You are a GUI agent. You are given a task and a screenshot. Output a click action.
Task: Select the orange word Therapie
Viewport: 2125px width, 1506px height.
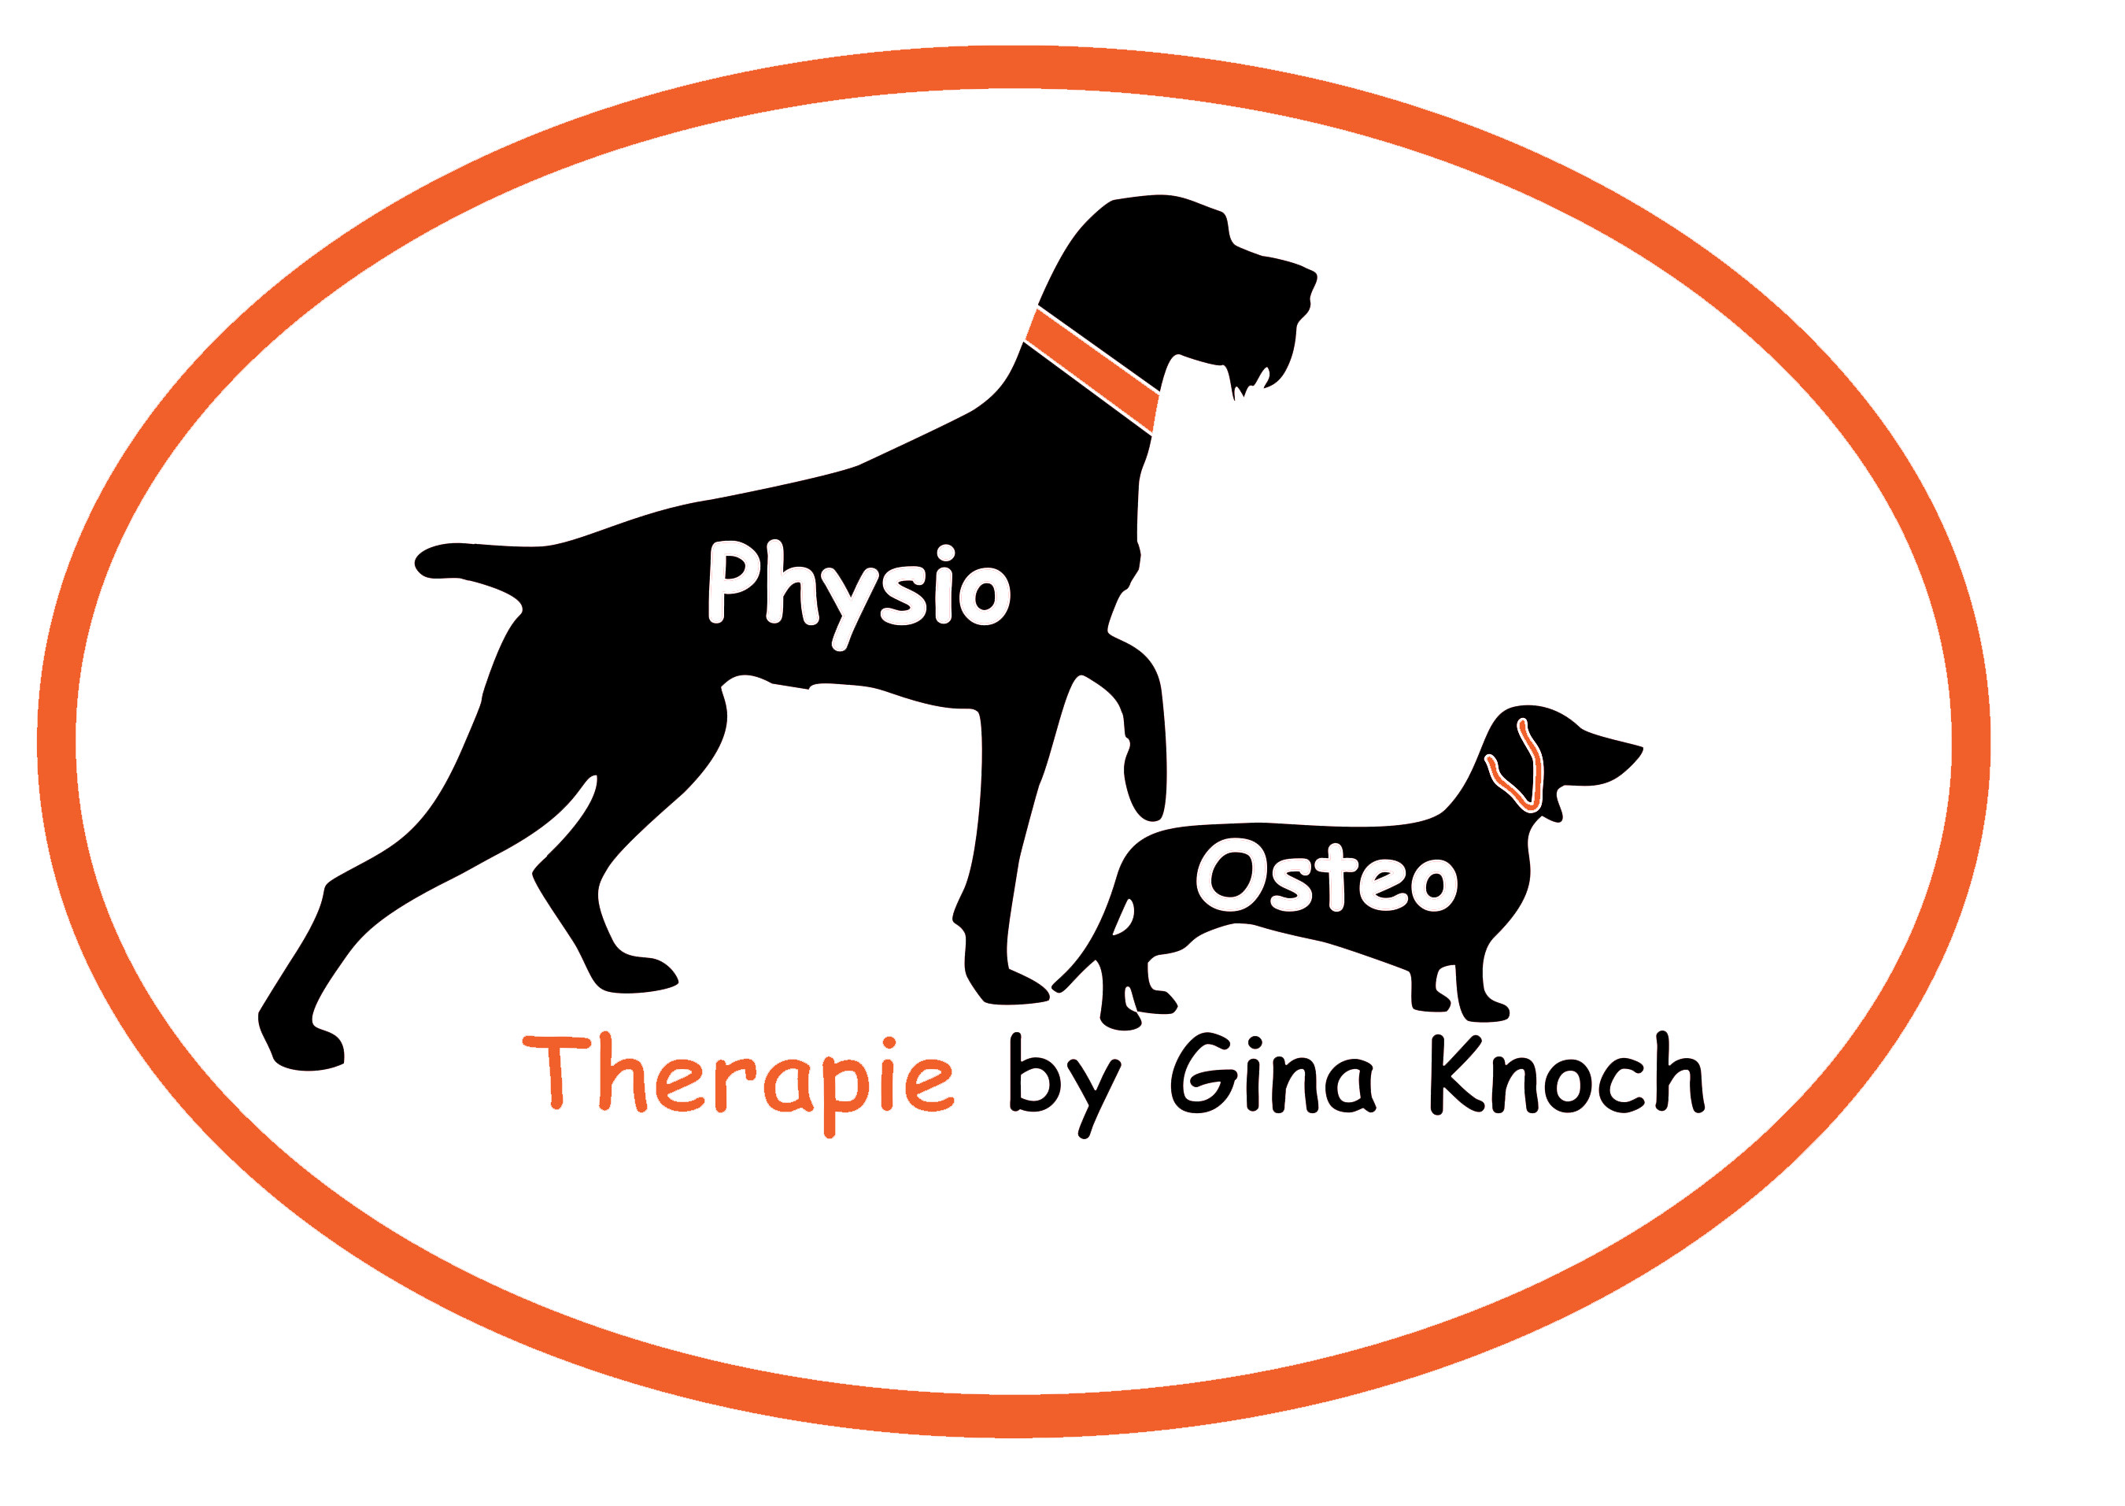739,1078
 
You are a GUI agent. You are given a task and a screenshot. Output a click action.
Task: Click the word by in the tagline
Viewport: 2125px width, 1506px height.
1064,1080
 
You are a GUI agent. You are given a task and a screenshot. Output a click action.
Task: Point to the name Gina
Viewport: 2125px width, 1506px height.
1271,1075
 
